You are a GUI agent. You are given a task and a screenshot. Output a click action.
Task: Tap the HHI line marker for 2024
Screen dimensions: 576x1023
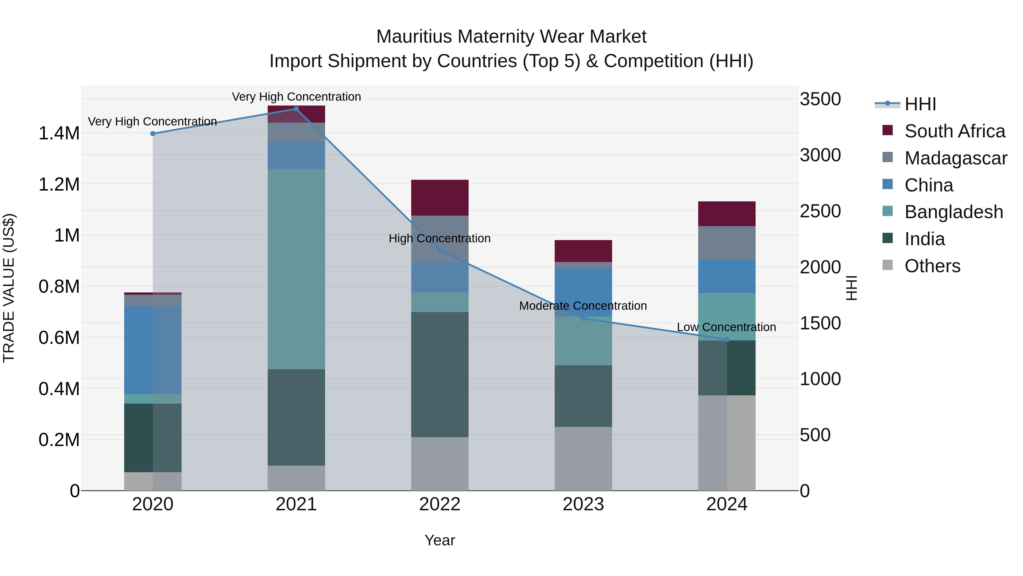[x=727, y=339]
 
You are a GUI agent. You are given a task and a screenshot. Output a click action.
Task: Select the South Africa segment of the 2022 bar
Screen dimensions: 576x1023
[x=440, y=198]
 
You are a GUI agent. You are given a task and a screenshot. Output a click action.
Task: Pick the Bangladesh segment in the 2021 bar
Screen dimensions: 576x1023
[x=296, y=269]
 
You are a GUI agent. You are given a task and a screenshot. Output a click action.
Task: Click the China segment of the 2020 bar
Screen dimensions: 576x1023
[x=153, y=350]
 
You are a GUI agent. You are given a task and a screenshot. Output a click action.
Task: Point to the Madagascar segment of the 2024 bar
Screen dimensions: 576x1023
[x=727, y=243]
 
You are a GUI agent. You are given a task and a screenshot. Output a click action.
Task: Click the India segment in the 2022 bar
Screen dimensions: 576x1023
[x=440, y=374]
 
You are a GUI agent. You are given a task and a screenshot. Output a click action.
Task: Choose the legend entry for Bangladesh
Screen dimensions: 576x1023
[x=953, y=212]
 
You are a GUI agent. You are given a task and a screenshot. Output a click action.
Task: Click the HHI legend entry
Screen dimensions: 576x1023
[x=920, y=104]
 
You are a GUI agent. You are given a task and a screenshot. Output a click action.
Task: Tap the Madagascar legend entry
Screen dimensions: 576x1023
[x=955, y=158]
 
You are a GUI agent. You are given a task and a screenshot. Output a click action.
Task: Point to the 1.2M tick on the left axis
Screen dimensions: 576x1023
[x=59, y=184]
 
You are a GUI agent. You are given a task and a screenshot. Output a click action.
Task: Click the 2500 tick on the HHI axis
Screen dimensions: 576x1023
[x=820, y=211]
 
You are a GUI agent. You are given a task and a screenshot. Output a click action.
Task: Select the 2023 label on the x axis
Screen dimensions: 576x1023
[x=583, y=504]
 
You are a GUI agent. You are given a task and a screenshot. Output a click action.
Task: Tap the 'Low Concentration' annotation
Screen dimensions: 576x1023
[x=726, y=327]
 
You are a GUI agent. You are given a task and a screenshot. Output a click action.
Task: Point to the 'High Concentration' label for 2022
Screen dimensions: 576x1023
[x=440, y=239]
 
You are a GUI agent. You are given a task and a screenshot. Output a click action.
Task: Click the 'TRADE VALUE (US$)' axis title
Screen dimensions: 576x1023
[x=9, y=288]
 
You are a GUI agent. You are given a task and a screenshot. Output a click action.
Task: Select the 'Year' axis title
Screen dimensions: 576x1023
[x=440, y=540]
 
